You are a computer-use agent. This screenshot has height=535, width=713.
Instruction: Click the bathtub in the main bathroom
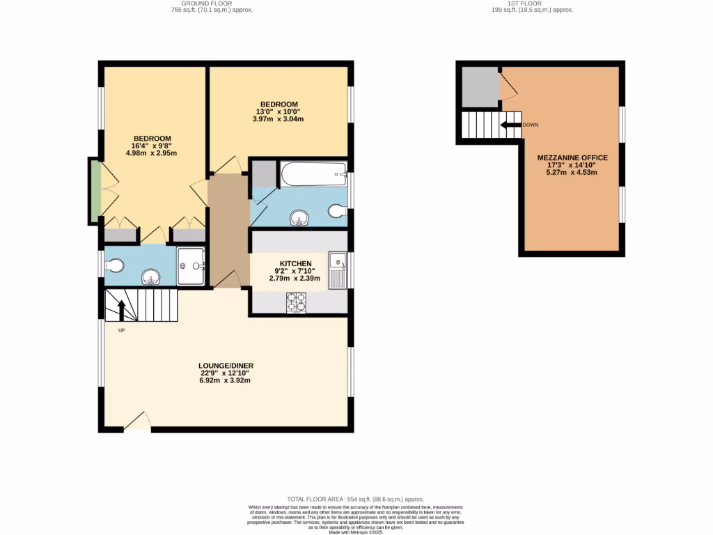click(313, 173)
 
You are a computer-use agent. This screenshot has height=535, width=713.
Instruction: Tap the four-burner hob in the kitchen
click(296, 303)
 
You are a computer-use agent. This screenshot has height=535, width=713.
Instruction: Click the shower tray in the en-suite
click(190, 266)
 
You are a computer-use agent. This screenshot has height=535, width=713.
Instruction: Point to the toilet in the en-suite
click(116, 265)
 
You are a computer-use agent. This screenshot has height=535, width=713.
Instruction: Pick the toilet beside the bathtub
click(336, 211)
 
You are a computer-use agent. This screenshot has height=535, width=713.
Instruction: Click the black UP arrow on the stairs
click(122, 310)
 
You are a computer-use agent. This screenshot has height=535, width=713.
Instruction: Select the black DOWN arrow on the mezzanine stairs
click(511, 125)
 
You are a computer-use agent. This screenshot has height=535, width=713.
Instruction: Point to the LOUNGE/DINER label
click(225, 365)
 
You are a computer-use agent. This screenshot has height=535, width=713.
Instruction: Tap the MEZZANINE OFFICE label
click(572, 158)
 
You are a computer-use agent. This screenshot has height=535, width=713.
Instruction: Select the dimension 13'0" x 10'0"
click(279, 111)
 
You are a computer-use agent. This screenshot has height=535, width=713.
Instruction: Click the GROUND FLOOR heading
click(212, 3)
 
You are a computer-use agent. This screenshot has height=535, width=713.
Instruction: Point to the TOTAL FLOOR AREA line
click(356, 499)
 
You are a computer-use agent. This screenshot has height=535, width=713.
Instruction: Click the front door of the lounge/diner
click(138, 422)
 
